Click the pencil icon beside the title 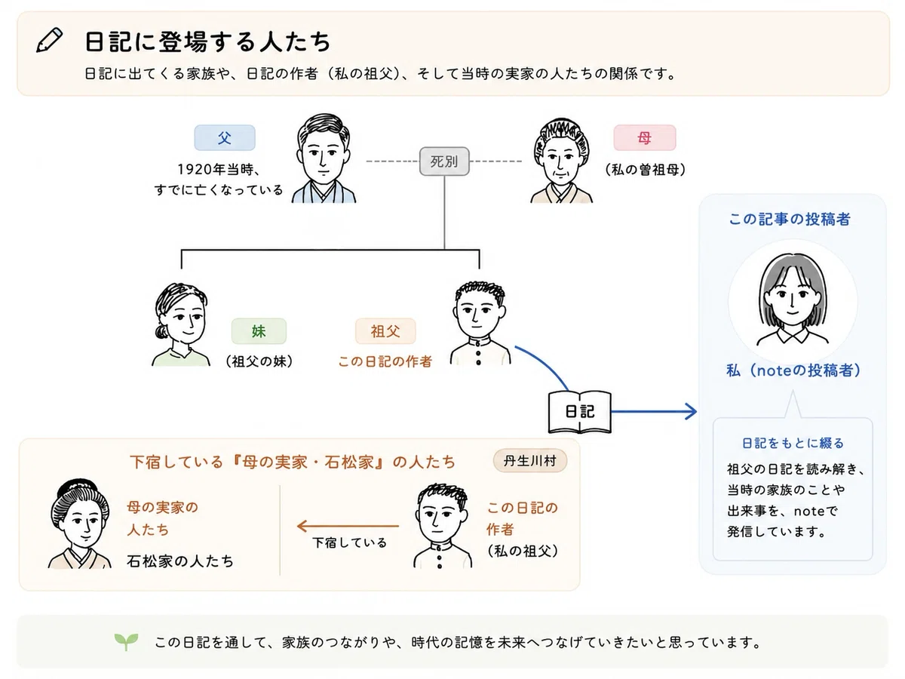tap(50, 40)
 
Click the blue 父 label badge tap(225, 138)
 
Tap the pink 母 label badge tap(645, 138)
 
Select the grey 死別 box tap(444, 161)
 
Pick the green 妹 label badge tap(259, 331)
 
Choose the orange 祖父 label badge tap(385, 331)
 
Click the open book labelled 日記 tap(580, 412)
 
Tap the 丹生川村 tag tap(530, 460)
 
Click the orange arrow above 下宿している tap(348, 526)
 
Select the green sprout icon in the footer tap(126, 641)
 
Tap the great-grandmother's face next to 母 tap(561, 155)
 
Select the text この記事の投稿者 tap(790, 219)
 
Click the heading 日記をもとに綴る tap(793, 443)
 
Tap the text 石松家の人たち tap(180, 561)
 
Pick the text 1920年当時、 tap(219, 169)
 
